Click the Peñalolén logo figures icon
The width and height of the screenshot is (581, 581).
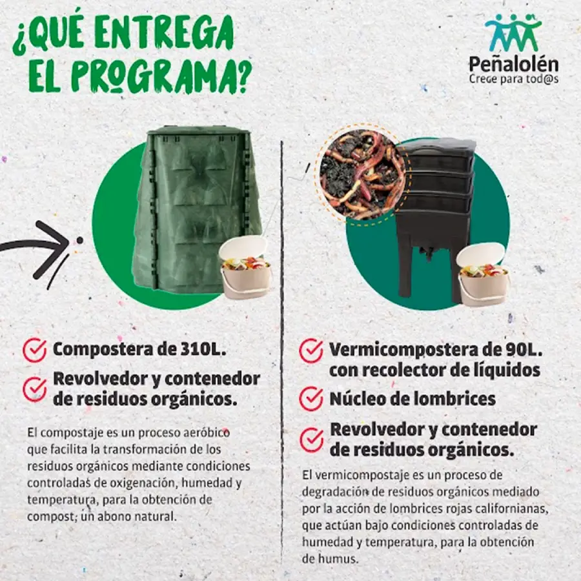[513, 33]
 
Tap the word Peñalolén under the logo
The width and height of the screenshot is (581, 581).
[514, 64]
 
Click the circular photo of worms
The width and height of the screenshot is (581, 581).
[362, 172]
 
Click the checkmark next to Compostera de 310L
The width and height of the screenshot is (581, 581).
[34, 349]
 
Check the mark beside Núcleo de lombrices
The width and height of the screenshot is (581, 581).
[311, 399]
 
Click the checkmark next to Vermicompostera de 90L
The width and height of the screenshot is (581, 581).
[311, 351]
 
